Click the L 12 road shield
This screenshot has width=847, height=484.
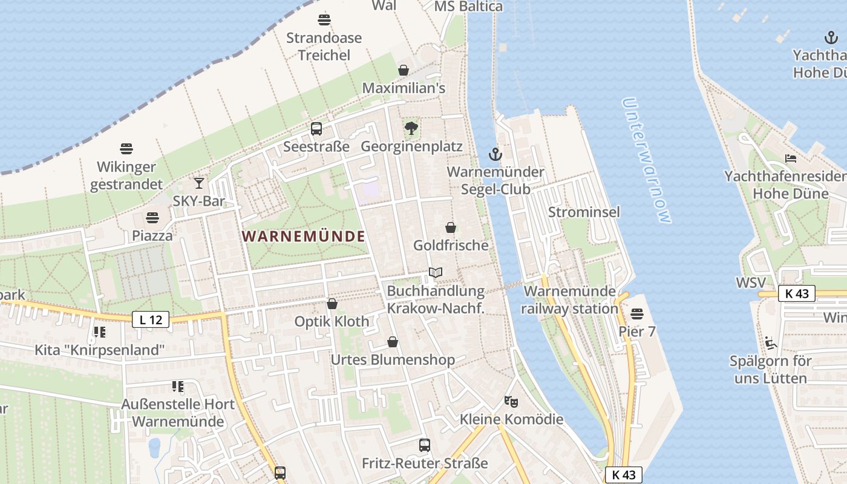151,319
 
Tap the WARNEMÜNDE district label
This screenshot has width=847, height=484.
304,237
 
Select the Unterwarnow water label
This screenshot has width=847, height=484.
646,160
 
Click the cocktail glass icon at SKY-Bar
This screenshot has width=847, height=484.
199,183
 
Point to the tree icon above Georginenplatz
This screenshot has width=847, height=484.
411,128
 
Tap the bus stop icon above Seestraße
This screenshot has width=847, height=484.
316,128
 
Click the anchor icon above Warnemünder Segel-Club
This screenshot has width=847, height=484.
495,154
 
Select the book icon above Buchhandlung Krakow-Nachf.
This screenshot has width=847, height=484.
436,273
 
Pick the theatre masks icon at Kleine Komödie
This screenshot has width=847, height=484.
511,401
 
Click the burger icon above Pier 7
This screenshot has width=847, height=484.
637,313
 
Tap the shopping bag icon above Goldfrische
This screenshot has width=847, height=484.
451,227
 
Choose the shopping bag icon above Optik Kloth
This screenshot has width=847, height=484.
332,304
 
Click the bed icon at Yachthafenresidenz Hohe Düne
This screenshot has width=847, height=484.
791,159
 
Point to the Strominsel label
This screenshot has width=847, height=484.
584,212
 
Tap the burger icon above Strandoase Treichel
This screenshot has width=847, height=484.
324,19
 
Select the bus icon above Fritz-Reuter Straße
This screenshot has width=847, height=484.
425,445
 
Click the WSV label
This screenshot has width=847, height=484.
751,283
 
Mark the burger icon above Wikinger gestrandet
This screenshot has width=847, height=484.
126,149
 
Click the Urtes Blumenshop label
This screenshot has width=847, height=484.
393,360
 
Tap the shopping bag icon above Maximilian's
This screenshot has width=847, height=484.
404,70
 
